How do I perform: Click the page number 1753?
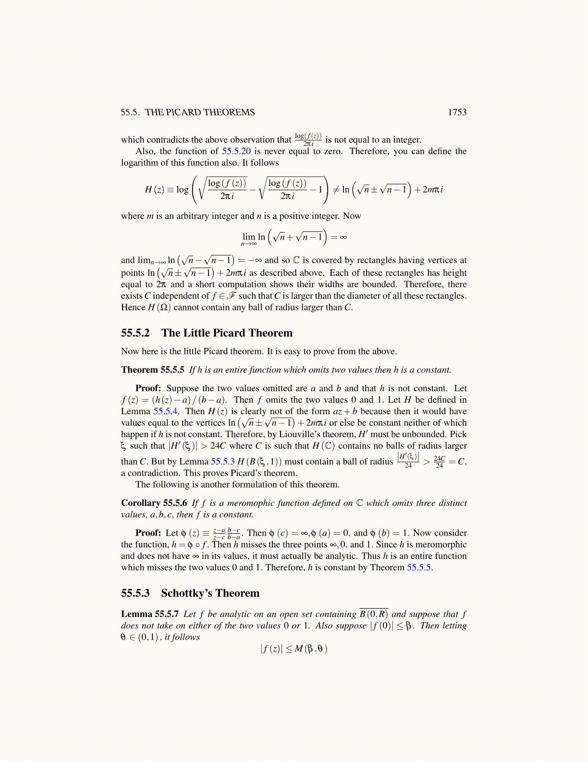click(457, 112)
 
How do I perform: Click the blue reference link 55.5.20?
click(236, 151)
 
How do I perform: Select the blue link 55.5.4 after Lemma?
click(165, 411)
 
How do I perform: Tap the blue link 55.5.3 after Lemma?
click(223, 462)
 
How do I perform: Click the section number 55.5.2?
click(135, 333)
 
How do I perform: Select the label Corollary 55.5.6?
click(154, 503)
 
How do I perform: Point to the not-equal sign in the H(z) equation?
click(336, 190)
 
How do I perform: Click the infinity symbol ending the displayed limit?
click(343, 237)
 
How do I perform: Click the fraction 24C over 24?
click(439, 462)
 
